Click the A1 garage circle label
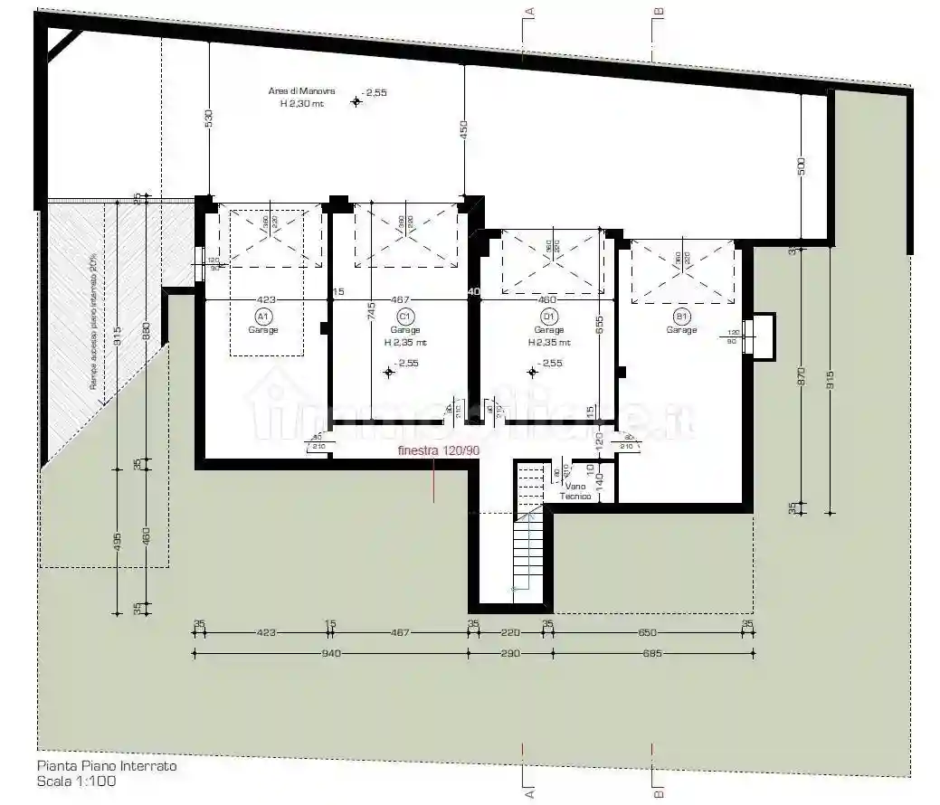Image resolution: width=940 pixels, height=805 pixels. point(263,317)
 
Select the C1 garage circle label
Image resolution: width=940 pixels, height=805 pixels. point(405,317)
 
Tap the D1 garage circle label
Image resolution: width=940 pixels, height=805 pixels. point(548,317)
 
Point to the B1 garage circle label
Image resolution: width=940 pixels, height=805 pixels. point(682,317)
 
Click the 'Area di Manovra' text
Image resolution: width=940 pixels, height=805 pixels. point(302,91)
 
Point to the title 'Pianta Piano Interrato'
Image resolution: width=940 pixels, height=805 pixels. point(107,766)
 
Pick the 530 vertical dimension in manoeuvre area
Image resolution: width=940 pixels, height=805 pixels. point(208,118)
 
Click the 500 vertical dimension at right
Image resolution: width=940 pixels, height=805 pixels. point(802,168)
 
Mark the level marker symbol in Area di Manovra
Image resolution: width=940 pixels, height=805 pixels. point(356,102)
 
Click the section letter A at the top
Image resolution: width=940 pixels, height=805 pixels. point(531,11)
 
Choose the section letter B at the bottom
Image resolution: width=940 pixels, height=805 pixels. point(659,792)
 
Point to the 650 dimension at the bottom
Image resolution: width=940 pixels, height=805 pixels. point(648,633)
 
